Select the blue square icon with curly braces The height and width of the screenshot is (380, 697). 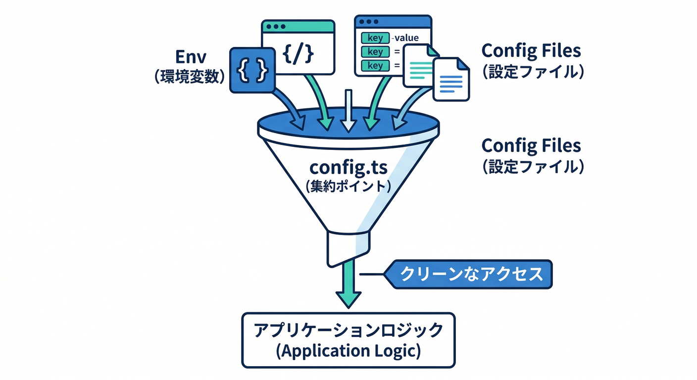coord(252,70)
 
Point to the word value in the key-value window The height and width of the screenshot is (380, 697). coord(406,38)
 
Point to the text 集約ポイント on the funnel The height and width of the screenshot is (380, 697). coord(348,187)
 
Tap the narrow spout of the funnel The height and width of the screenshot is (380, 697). coord(348,247)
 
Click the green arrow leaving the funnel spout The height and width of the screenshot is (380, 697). coord(348,287)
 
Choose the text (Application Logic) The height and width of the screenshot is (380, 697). coord(348,351)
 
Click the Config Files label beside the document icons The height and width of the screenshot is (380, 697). coord(531,50)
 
